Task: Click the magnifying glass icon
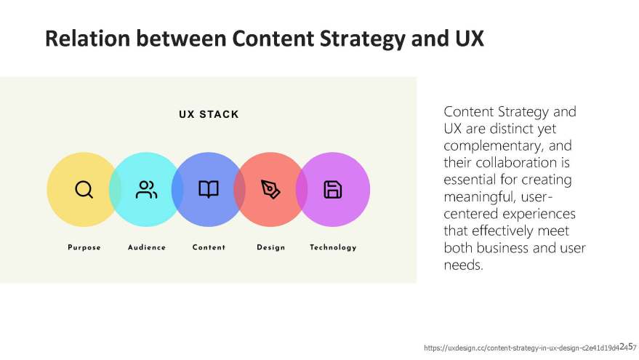tap(84, 190)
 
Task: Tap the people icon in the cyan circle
tap(146, 190)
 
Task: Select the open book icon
tap(209, 189)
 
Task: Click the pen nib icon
tap(270, 189)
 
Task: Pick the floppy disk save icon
tap(332, 190)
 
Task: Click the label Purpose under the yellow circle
tap(84, 247)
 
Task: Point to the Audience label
tap(147, 247)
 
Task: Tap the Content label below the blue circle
tap(209, 247)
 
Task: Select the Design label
tap(271, 247)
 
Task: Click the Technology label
tap(333, 247)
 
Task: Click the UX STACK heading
tap(209, 114)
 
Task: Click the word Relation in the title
tap(88, 39)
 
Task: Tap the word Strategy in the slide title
tap(363, 39)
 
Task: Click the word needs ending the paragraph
tap(463, 265)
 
